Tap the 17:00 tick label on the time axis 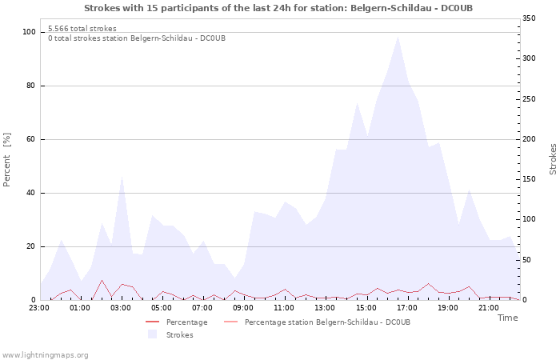click(406, 307)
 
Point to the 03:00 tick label click(121, 307)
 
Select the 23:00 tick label click(39, 307)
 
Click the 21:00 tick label click(488, 307)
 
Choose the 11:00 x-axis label click(284, 307)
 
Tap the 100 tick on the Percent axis click(29, 32)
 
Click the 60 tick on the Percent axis click(31, 139)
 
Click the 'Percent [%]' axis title click(7, 160)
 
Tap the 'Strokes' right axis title click(553, 160)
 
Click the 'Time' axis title click(507, 318)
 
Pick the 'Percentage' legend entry click(186, 322)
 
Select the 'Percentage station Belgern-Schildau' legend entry click(327, 322)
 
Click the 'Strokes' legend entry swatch click(152, 334)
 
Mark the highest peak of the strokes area click(398, 36)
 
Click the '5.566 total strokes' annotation click(82, 29)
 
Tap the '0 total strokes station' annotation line click(136, 38)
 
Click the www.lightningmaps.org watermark click(45, 354)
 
